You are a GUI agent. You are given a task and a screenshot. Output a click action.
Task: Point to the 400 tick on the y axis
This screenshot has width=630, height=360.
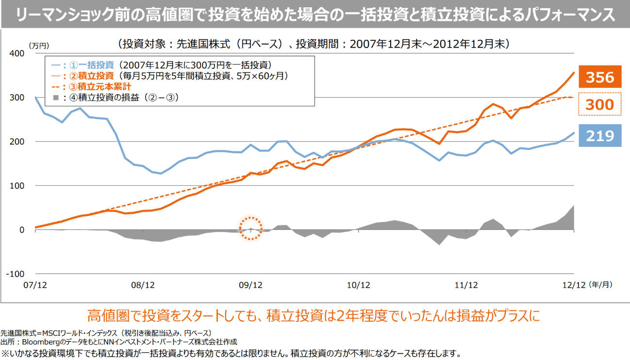[x=17, y=53]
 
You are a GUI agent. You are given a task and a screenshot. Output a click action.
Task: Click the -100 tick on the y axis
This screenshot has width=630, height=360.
[x=16, y=274]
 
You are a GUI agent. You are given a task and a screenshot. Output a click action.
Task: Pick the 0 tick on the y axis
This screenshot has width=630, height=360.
[x=22, y=230]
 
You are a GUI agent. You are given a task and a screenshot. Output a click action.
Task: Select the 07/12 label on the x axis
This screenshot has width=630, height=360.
[x=35, y=286]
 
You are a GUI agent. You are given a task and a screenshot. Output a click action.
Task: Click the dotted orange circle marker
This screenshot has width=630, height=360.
[x=250, y=228]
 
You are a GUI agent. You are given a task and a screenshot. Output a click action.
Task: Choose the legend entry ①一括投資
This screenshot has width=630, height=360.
[x=91, y=65]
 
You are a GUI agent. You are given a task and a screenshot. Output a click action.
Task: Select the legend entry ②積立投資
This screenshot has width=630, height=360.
[x=91, y=76]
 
